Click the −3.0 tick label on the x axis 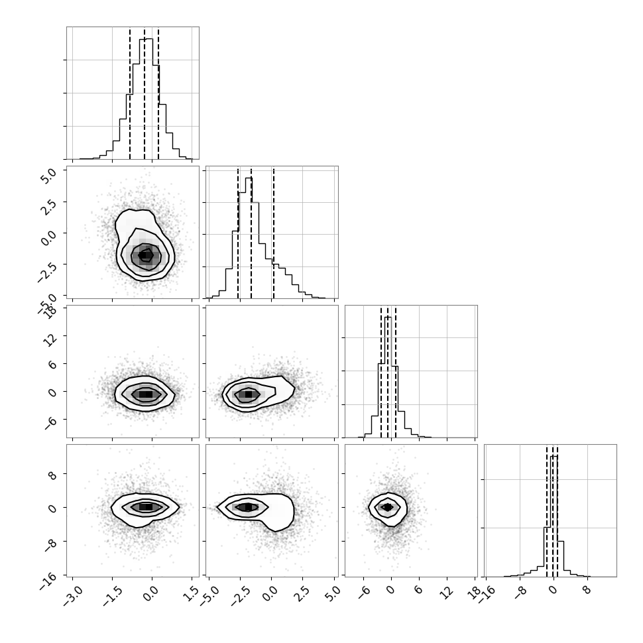click(x=73, y=595)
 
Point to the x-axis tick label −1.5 click(x=113, y=595)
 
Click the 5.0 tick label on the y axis click(x=48, y=175)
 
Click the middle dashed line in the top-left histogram click(x=145, y=93)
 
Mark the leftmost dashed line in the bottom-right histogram click(x=547, y=511)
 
